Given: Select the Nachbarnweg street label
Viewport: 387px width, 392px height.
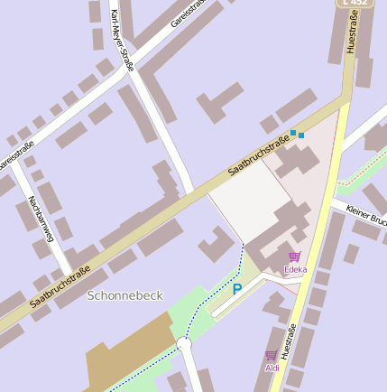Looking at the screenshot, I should coord(41,219).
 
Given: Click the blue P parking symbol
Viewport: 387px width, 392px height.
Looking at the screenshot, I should coord(237,289).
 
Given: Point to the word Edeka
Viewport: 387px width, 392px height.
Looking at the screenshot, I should coord(295,269).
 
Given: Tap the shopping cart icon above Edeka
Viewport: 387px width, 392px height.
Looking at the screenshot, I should coord(294,257).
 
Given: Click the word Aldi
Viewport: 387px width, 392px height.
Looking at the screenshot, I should coord(272,368).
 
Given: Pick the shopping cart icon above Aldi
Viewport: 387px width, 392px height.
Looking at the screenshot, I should coord(272,355).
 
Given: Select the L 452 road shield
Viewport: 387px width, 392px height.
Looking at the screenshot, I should coord(355,3).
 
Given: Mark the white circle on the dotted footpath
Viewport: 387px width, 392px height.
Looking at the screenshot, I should coord(185,344).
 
